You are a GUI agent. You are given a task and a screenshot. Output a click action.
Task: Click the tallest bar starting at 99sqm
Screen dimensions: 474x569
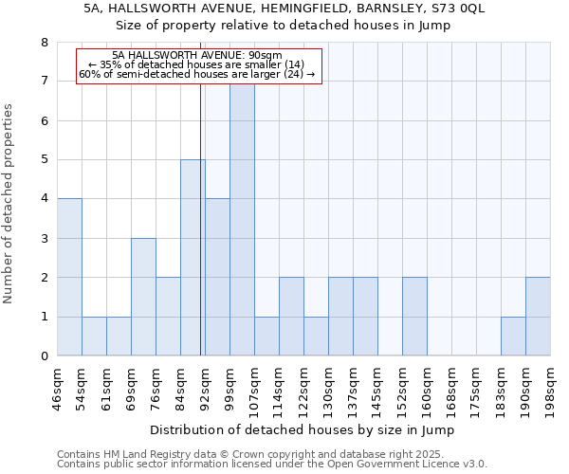click(242, 218)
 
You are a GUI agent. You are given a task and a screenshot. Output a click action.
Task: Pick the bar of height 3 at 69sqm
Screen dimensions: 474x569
click(143, 297)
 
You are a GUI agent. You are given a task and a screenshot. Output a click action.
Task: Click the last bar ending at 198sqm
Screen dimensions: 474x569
click(538, 317)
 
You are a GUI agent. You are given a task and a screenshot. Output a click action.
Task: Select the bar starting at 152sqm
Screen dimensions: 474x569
click(414, 317)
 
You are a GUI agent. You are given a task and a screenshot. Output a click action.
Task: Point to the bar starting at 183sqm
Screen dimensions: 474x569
click(513, 337)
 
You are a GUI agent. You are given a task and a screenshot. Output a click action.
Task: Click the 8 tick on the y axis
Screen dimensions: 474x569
click(44, 43)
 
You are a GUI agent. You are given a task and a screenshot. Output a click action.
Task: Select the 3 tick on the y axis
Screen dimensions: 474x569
click(44, 239)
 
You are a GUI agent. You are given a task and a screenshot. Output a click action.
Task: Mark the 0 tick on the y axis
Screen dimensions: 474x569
click(44, 356)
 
